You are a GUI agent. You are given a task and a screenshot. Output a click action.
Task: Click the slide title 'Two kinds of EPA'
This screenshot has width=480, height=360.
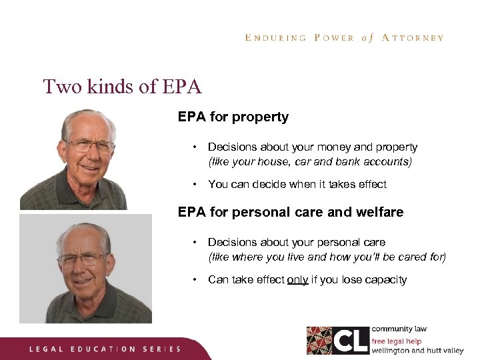click(122, 87)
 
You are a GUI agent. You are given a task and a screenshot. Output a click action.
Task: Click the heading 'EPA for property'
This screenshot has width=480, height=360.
click(233, 117)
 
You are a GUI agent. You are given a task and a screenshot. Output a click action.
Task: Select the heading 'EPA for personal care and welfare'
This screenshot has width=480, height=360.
click(290, 213)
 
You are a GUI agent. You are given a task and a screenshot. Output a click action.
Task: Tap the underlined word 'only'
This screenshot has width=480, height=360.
click(297, 280)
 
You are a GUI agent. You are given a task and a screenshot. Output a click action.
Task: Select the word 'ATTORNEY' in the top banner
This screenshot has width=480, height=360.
click(413, 38)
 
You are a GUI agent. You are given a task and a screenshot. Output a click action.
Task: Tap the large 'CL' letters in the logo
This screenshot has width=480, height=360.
click(351, 340)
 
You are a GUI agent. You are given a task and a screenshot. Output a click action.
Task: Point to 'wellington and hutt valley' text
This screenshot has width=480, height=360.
click(417, 349)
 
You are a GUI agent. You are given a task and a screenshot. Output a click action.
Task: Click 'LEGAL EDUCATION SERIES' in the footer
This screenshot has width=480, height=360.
click(104, 349)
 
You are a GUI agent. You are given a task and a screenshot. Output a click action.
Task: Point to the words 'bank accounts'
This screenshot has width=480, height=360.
click(379, 162)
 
